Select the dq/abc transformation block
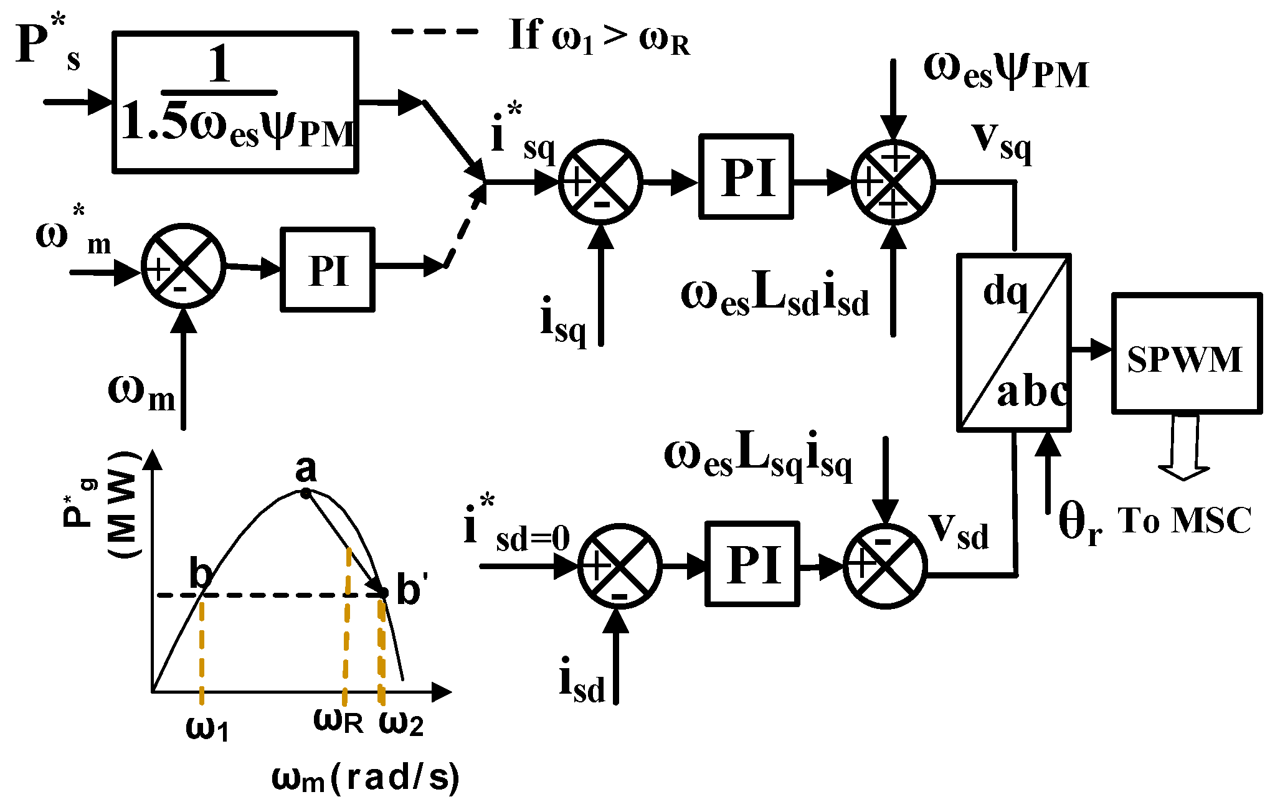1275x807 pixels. [1013, 342]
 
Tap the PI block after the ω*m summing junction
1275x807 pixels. [328, 269]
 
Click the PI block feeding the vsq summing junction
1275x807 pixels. [746, 176]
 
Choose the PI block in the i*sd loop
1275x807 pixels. [752, 564]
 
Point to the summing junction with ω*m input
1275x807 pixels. [183, 265]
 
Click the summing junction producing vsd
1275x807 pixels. [885, 566]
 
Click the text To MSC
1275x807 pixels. [1183, 521]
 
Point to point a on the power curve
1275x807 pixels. [305, 493]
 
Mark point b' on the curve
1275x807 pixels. [384, 592]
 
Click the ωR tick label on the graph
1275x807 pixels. [338, 720]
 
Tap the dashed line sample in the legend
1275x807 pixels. [434, 31]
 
